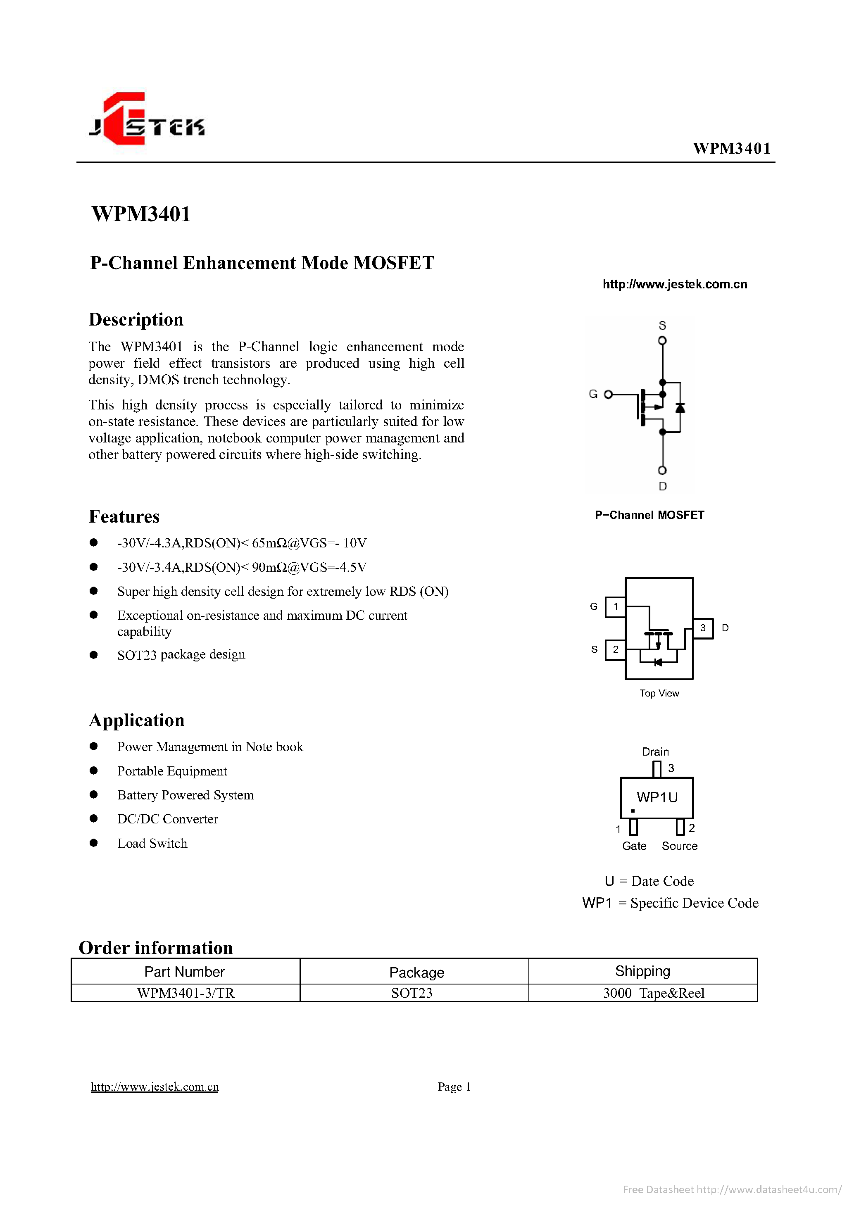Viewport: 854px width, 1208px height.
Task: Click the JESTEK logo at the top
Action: [147, 119]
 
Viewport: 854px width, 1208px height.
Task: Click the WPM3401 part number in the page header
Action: [731, 148]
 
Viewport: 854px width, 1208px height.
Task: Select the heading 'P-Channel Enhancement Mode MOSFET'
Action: [262, 262]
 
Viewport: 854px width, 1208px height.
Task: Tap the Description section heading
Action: [136, 319]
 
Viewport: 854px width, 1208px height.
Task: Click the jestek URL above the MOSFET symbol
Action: [675, 284]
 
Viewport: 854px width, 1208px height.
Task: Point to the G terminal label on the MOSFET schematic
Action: [593, 394]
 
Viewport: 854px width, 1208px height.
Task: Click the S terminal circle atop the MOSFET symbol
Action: [662, 340]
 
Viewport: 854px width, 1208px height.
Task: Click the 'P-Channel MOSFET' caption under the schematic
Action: [649, 515]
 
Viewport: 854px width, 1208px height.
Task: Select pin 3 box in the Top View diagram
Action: [703, 628]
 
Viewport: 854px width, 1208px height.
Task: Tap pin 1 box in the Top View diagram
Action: [615, 606]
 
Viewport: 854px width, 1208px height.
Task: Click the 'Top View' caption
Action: [659, 693]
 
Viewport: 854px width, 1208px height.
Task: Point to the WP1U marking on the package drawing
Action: [657, 798]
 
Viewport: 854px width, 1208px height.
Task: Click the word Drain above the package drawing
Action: [655, 752]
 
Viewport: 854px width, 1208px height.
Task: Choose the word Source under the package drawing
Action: [680, 846]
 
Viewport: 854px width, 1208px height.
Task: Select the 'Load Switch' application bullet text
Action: [152, 843]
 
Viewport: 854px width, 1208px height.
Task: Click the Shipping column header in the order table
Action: [642, 971]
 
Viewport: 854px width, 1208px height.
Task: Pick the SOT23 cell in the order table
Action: [412, 993]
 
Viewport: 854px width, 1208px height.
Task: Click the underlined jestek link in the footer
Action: [155, 1087]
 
